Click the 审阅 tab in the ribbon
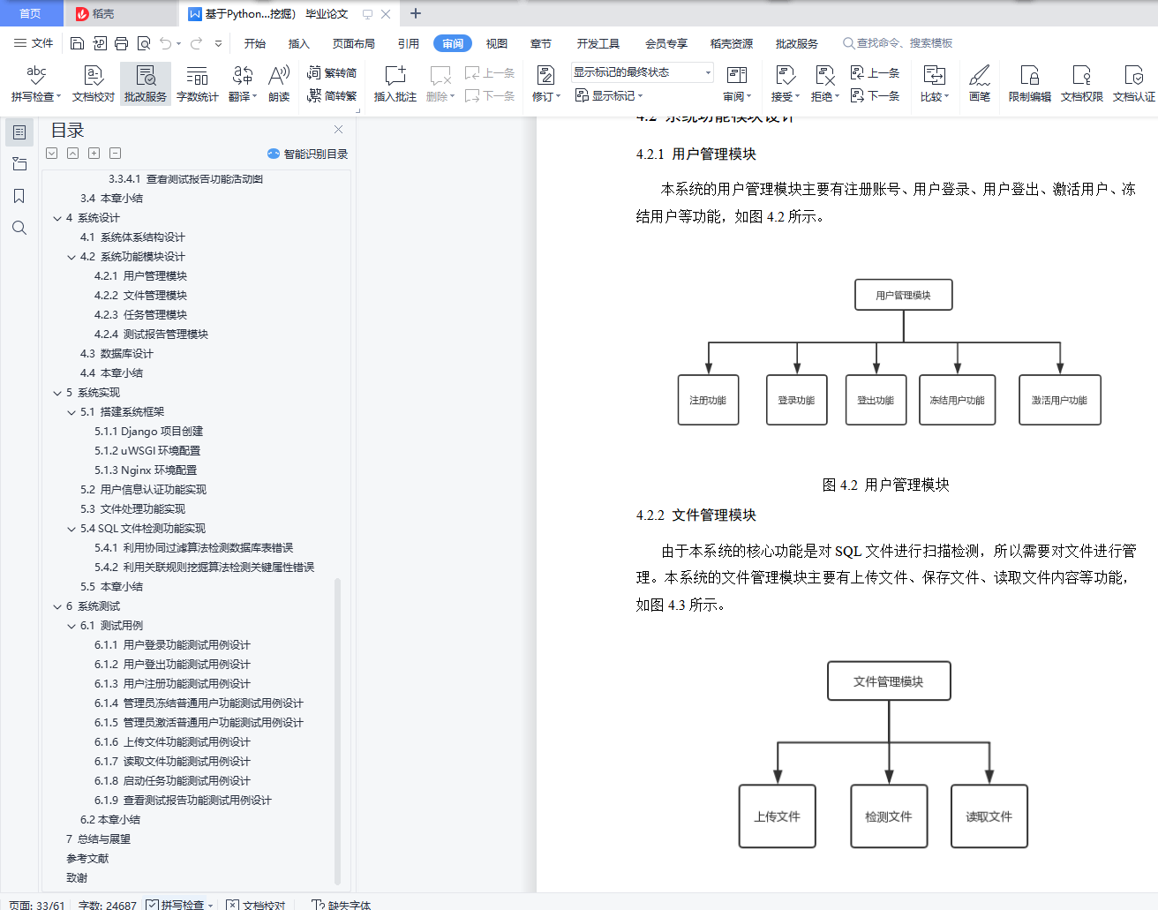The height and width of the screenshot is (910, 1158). [x=453, y=43]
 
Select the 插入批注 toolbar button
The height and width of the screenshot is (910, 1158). [x=395, y=83]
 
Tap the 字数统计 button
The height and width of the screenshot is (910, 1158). [x=197, y=83]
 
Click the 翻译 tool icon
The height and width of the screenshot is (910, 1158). [x=243, y=83]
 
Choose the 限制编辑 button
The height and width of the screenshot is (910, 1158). [x=1029, y=83]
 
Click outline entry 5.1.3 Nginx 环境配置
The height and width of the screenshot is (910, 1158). [x=146, y=470]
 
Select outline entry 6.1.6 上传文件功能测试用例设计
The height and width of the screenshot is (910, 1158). [x=172, y=742]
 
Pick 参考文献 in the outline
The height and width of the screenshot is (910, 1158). [x=87, y=859]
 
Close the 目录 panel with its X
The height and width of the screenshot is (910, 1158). [x=338, y=130]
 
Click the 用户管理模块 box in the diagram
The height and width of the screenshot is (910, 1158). [x=903, y=295]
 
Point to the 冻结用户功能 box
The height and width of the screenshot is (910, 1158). [x=957, y=400]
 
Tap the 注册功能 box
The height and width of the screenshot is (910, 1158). [x=708, y=400]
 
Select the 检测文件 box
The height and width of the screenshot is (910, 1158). [x=888, y=816]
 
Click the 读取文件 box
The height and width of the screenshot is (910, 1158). [x=989, y=816]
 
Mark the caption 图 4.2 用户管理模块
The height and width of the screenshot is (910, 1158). [x=885, y=485]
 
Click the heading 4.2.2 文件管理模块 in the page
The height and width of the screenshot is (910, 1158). [x=696, y=515]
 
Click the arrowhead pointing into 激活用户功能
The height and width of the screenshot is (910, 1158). [x=1060, y=368]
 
